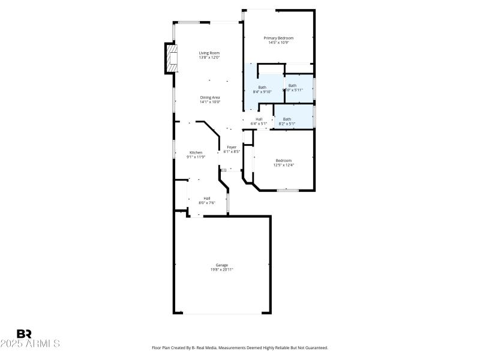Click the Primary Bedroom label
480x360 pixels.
(x=278, y=38)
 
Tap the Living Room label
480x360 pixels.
(x=210, y=53)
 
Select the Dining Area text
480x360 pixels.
(x=210, y=97)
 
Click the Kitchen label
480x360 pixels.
(x=196, y=152)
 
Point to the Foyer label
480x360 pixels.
(x=232, y=147)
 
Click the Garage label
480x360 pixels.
(x=222, y=265)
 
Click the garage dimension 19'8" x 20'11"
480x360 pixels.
(x=222, y=269)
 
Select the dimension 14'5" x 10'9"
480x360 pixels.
(x=278, y=43)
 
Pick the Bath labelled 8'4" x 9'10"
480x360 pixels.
(x=262, y=87)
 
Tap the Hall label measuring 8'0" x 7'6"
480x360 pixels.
(x=207, y=198)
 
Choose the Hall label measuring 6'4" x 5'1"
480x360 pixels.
(x=259, y=119)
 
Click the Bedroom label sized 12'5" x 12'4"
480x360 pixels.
(x=283, y=160)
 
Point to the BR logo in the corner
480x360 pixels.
(x=24, y=334)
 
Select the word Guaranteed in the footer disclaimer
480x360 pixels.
(x=314, y=347)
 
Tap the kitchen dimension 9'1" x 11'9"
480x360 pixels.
(x=196, y=157)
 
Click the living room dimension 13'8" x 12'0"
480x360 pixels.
(x=210, y=58)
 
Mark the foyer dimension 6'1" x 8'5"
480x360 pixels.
(x=232, y=152)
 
